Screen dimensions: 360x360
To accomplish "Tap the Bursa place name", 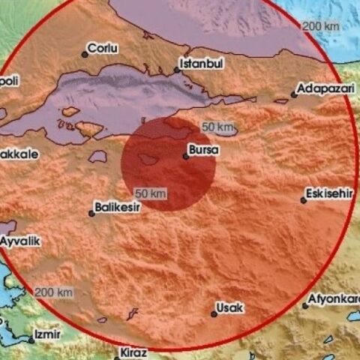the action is [x=205, y=151].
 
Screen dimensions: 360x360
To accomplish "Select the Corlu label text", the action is [x=103, y=49].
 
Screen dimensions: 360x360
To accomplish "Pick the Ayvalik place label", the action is [x=20, y=241].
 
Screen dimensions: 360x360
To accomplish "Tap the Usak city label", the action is [x=230, y=307].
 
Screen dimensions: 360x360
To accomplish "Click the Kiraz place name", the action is [x=134, y=352].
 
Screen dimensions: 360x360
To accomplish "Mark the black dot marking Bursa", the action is [x=185, y=156].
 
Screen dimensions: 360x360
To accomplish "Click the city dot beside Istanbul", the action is [x=177, y=70].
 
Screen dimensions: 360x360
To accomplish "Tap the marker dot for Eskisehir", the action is [x=303, y=199].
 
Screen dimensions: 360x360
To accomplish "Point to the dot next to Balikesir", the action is [x=91, y=213].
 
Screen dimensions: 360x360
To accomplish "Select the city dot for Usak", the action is [x=214, y=313].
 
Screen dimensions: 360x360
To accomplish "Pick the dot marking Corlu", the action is [x=85, y=53].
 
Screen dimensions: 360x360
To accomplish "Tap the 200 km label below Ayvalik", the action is [x=54, y=292].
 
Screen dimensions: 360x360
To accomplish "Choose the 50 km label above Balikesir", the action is [x=150, y=194].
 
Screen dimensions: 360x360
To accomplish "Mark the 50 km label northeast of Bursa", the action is [x=216, y=125].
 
